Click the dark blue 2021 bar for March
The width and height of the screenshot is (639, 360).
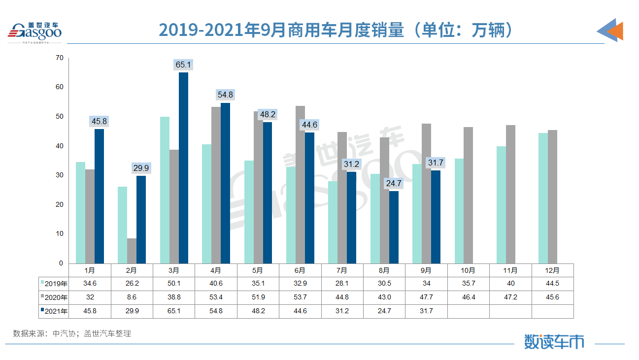[x=183, y=167]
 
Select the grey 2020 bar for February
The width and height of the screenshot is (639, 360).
[x=132, y=251]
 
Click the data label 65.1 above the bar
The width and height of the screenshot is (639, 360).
[x=183, y=65]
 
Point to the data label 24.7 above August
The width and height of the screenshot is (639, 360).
[x=394, y=183]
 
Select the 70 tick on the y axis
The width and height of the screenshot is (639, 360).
[x=60, y=58]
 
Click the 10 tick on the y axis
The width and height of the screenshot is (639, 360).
[x=60, y=234]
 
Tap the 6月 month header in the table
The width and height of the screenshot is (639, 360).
[x=300, y=270]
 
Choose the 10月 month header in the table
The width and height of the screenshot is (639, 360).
[x=468, y=270]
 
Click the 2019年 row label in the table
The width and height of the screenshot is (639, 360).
[x=54, y=284]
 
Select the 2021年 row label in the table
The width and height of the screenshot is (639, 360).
[x=54, y=311]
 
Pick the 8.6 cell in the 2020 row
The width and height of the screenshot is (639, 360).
[x=132, y=297]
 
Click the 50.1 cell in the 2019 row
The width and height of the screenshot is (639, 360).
[x=174, y=284]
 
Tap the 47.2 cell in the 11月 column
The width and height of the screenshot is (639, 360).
[x=510, y=297]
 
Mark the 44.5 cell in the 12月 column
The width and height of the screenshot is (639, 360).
[x=552, y=284]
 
